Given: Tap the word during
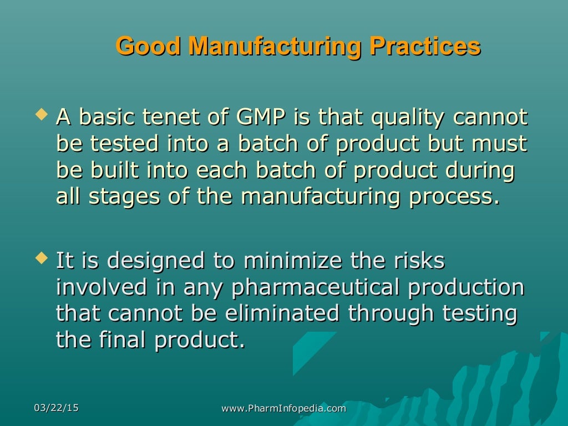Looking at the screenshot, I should click(484, 171).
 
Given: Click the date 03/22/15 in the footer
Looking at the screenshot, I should click(56, 408).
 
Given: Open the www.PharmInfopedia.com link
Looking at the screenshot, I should click(283, 408).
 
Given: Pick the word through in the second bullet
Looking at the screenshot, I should click(391, 313).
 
